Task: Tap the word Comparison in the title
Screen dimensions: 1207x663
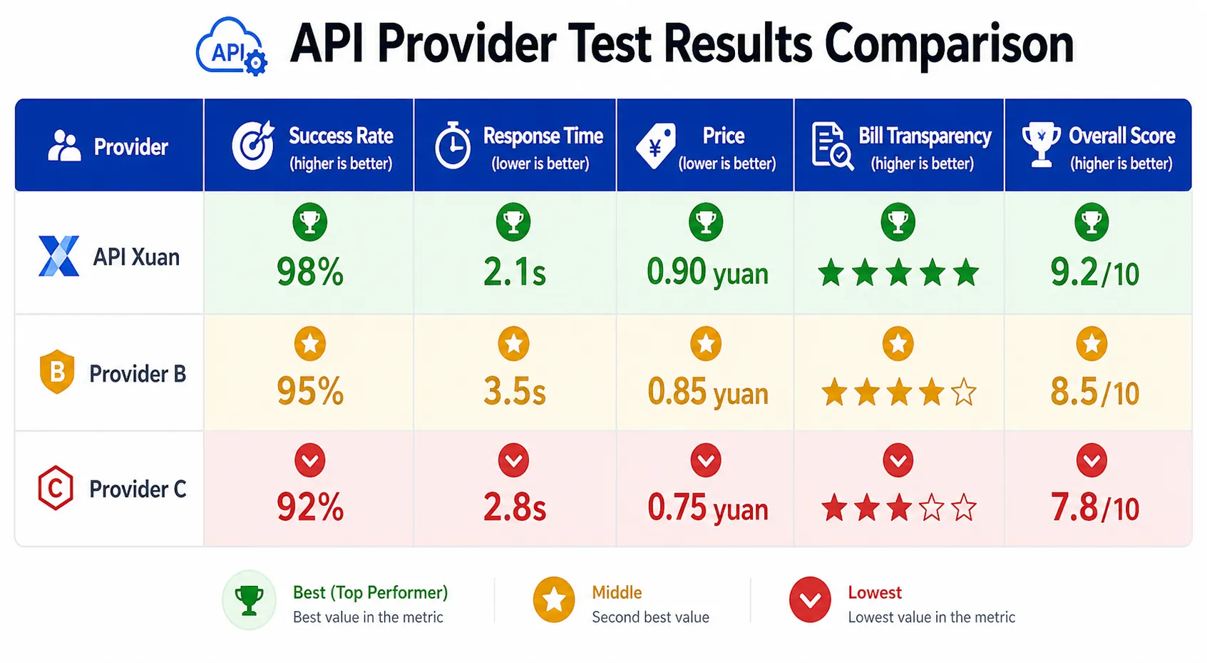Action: [x=949, y=44]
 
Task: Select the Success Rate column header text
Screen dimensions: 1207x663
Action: [x=341, y=136]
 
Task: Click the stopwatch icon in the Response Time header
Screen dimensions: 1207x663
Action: [x=452, y=145]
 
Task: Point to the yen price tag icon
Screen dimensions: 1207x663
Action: [x=656, y=146]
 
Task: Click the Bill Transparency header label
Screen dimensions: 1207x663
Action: [x=925, y=136]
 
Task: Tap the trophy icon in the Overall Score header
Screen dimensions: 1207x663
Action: [x=1041, y=145]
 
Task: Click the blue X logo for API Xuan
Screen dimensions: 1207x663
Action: [x=58, y=255]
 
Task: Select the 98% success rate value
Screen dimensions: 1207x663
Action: [x=310, y=271]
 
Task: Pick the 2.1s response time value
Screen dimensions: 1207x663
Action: [x=515, y=271]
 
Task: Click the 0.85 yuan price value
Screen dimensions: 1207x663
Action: [x=707, y=392]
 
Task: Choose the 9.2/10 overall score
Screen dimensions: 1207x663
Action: [x=1094, y=273]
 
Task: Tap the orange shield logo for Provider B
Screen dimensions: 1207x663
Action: [x=56, y=372]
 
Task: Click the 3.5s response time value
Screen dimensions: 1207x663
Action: [x=515, y=391]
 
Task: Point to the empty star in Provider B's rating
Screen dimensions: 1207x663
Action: [x=963, y=393]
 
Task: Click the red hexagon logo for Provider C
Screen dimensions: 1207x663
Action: [x=56, y=487]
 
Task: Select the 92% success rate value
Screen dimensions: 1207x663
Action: [x=310, y=507]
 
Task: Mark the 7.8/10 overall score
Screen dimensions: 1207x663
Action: [x=1094, y=508]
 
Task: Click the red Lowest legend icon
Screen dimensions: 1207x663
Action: [x=810, y=599]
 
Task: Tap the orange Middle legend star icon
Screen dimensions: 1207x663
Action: [x=553, y=599]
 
